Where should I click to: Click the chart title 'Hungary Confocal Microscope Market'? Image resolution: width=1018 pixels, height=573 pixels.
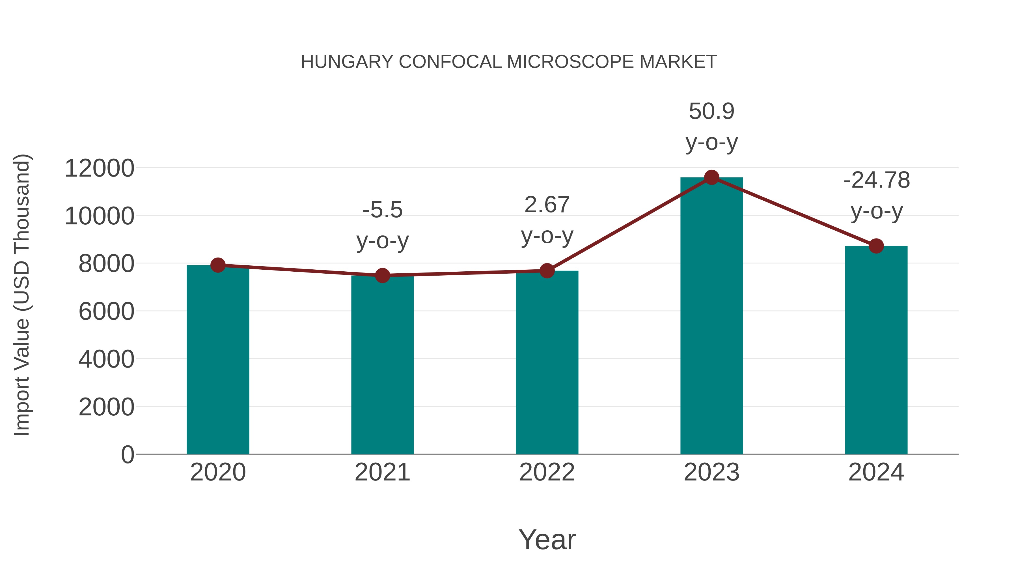click(509, 62)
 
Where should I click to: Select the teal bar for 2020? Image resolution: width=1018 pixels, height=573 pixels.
click(218, 360)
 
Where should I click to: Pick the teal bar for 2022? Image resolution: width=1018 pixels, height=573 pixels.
click(547, 362)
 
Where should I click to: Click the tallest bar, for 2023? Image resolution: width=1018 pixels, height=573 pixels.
click(711, 316)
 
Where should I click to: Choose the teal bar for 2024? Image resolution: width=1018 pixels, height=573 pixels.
click(876, 350)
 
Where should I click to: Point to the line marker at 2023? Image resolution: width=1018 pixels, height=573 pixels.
click(711, 177)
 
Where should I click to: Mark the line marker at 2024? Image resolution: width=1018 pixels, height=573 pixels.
click(876, 246)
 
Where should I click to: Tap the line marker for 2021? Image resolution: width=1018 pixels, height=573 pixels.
click(382, 275)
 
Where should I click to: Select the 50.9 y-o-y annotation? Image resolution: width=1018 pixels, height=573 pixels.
click(711, 126)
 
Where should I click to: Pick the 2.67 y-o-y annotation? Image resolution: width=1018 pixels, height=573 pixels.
click(547, 220)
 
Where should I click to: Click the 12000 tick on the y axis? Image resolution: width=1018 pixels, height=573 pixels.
click(99, 168)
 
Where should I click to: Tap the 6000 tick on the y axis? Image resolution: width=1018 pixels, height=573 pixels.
click(106, 312)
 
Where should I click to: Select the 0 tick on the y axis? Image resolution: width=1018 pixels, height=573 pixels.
click(127, 455)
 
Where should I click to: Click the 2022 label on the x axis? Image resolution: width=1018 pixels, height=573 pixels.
click(547, 472)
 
